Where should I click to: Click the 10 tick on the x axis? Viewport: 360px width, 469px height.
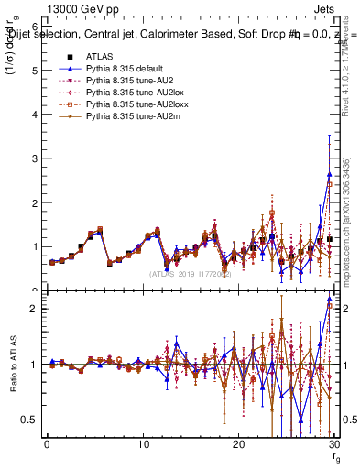tap(143, 444)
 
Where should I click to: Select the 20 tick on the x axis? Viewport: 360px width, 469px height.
tap(239, 444)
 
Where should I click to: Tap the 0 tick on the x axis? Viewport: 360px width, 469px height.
tap(47, 444)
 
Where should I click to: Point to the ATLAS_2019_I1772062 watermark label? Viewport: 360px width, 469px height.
tap(191, 273)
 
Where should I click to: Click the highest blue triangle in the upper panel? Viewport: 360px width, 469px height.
tap(329, 174)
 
